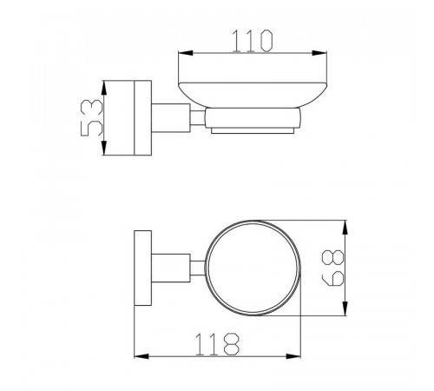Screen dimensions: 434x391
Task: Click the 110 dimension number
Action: [x=253, y=41]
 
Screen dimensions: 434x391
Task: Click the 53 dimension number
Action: [x=92, y=117]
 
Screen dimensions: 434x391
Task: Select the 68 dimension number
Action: [x=333, y=268]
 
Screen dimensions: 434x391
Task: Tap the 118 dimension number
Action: [x=218, y=344]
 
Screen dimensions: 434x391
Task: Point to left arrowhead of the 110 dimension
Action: [x=186, y=53]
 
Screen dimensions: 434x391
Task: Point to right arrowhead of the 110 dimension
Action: [x=319, y=53]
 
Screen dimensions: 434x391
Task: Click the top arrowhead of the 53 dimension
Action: [x=104, y=88]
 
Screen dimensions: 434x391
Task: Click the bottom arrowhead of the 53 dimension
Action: [x=104, y=148]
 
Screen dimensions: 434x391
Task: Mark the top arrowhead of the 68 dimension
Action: [x=345, y=228]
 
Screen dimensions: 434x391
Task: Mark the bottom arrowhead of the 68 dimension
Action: [x=345, y=308]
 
